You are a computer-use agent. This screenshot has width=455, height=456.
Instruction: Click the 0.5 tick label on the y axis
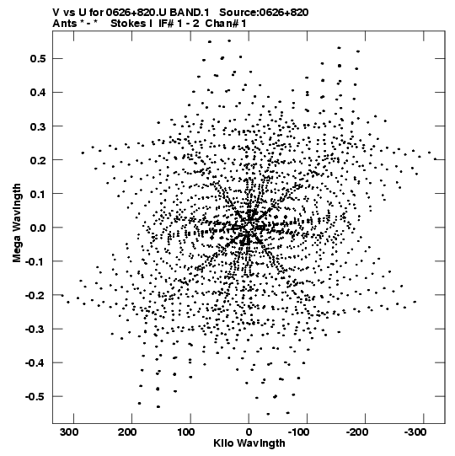38,59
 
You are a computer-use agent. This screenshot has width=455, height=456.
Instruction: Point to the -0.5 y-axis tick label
35,397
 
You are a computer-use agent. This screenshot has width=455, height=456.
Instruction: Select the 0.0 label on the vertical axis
38,228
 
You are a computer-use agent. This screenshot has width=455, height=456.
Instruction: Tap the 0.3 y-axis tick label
38,126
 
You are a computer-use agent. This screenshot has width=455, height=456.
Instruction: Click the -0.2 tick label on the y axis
35,296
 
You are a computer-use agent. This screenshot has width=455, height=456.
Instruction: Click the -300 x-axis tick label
415,432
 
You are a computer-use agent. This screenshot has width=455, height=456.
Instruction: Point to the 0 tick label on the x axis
249,432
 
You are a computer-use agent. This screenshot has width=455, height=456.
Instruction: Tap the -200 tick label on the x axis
357,432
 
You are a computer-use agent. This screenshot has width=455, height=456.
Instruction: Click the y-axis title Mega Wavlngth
17,223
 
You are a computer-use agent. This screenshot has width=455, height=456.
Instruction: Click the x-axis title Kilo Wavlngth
249,443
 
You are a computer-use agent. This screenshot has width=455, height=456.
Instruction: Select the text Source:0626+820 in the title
264,13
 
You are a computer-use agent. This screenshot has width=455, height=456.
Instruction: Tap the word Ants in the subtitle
65,24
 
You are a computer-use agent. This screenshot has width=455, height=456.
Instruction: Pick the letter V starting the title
56,13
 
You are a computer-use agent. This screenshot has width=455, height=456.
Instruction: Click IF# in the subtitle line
166,24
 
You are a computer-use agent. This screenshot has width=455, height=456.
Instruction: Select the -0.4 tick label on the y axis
35,363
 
